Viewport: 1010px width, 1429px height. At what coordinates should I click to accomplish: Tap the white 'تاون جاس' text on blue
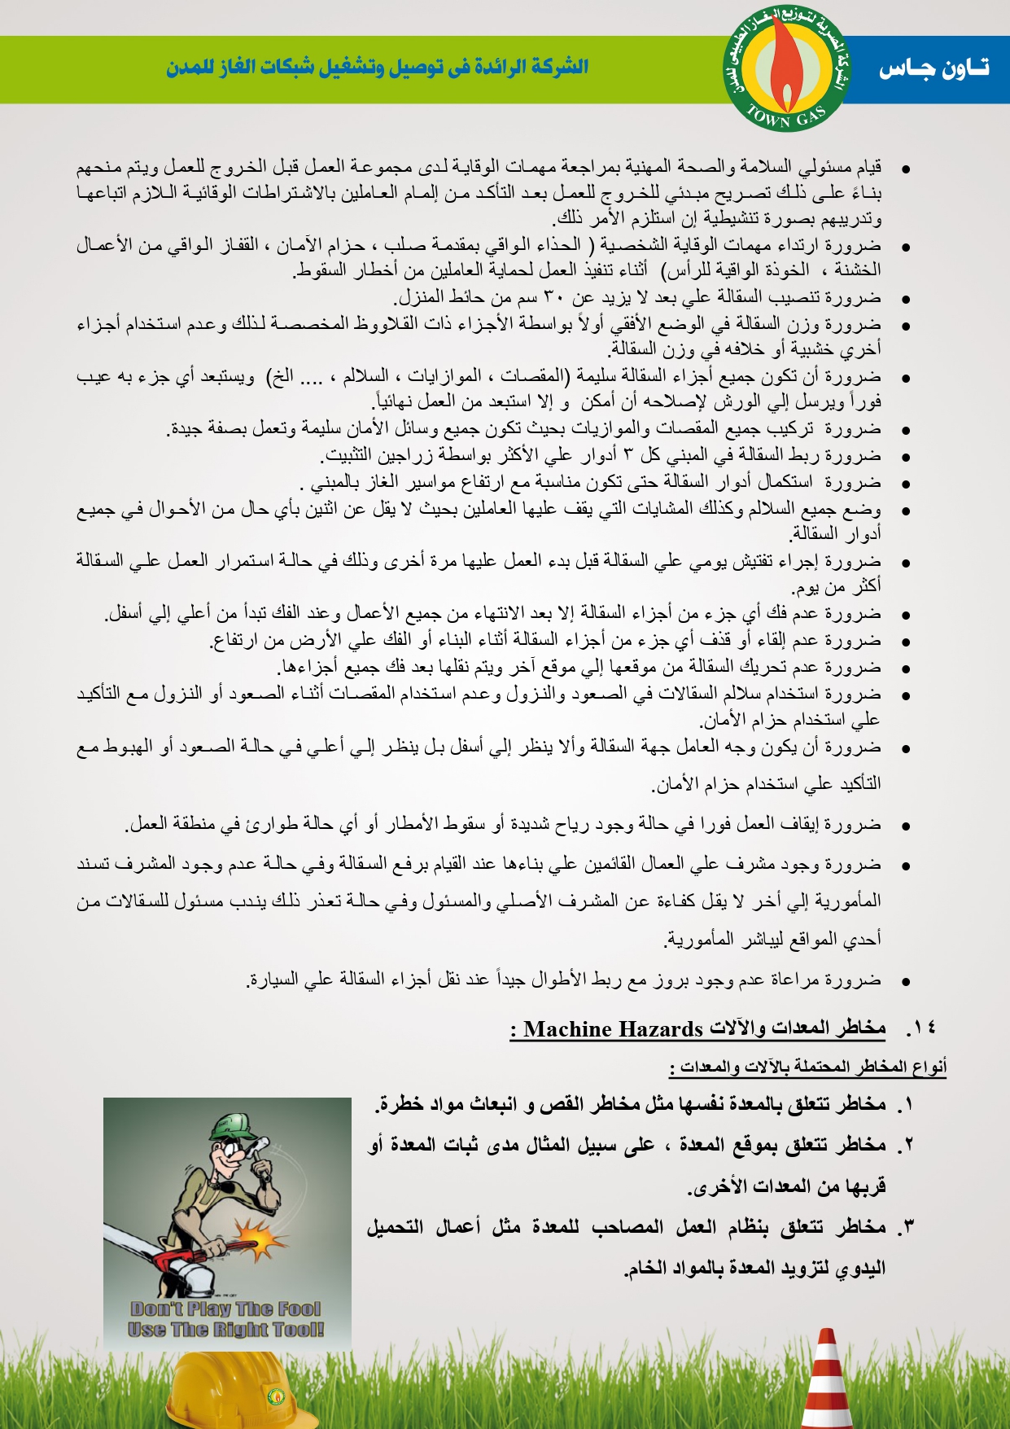click(933, 69)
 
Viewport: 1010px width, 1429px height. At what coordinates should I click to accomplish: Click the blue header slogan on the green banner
click(377, 68)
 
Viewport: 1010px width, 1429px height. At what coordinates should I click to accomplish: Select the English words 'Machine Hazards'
click(613, 1030)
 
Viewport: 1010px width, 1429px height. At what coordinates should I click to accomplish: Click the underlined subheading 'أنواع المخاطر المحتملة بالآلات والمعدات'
click(807, 1067)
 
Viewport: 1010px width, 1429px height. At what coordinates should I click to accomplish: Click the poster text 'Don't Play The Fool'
click(225, 1309)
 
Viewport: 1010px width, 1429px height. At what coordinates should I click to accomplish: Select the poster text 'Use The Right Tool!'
click(225, 1330)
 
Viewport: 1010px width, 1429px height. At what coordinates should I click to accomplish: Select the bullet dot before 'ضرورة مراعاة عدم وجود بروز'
click(904, 982)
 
